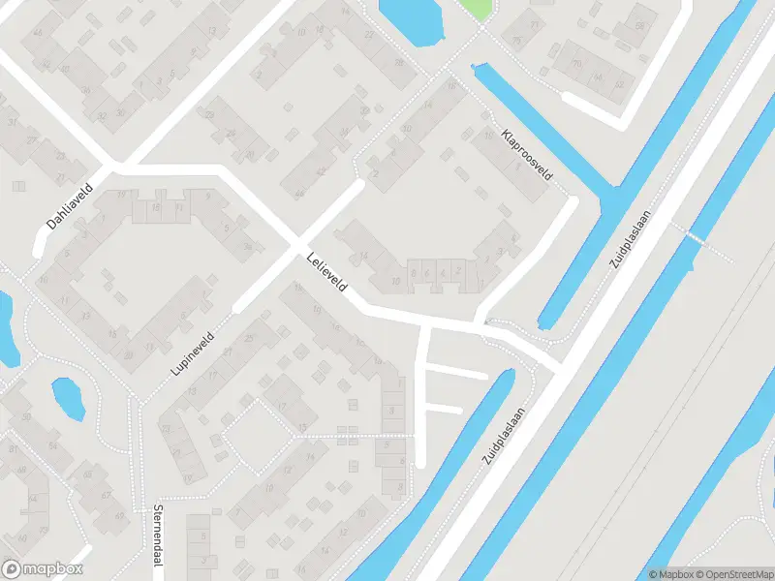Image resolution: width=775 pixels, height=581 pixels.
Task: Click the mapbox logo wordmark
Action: click(x=44, y=569)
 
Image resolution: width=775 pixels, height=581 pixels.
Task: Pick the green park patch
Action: click(x=475, y=8)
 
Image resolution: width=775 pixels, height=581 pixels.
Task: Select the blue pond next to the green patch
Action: click(x=408, y=17)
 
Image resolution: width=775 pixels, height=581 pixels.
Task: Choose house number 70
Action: click(x=576, y=65)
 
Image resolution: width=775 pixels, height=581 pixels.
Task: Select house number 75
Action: click(x=518, y=41)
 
